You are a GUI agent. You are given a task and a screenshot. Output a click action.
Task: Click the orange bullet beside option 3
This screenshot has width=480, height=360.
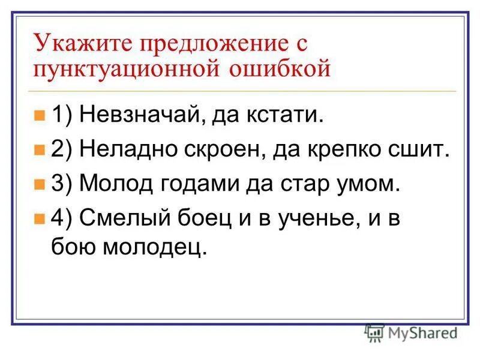[x=40, y=184]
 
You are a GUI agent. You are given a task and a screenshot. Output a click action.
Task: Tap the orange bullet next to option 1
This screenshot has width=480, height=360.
[x=40, y=115]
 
